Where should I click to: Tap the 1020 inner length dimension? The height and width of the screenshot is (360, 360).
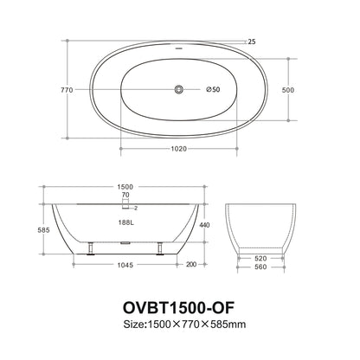(x=180, y=147)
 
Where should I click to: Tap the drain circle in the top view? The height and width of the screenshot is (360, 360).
(x=180, y=89)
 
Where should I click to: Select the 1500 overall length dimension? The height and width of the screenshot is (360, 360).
(x=126, y=186)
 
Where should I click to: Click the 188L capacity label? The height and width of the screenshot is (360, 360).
(x=126, y=222)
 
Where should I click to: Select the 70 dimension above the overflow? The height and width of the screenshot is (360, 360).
(x=126, y=196)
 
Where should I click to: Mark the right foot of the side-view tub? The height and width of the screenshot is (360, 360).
(x=161, y=251)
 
